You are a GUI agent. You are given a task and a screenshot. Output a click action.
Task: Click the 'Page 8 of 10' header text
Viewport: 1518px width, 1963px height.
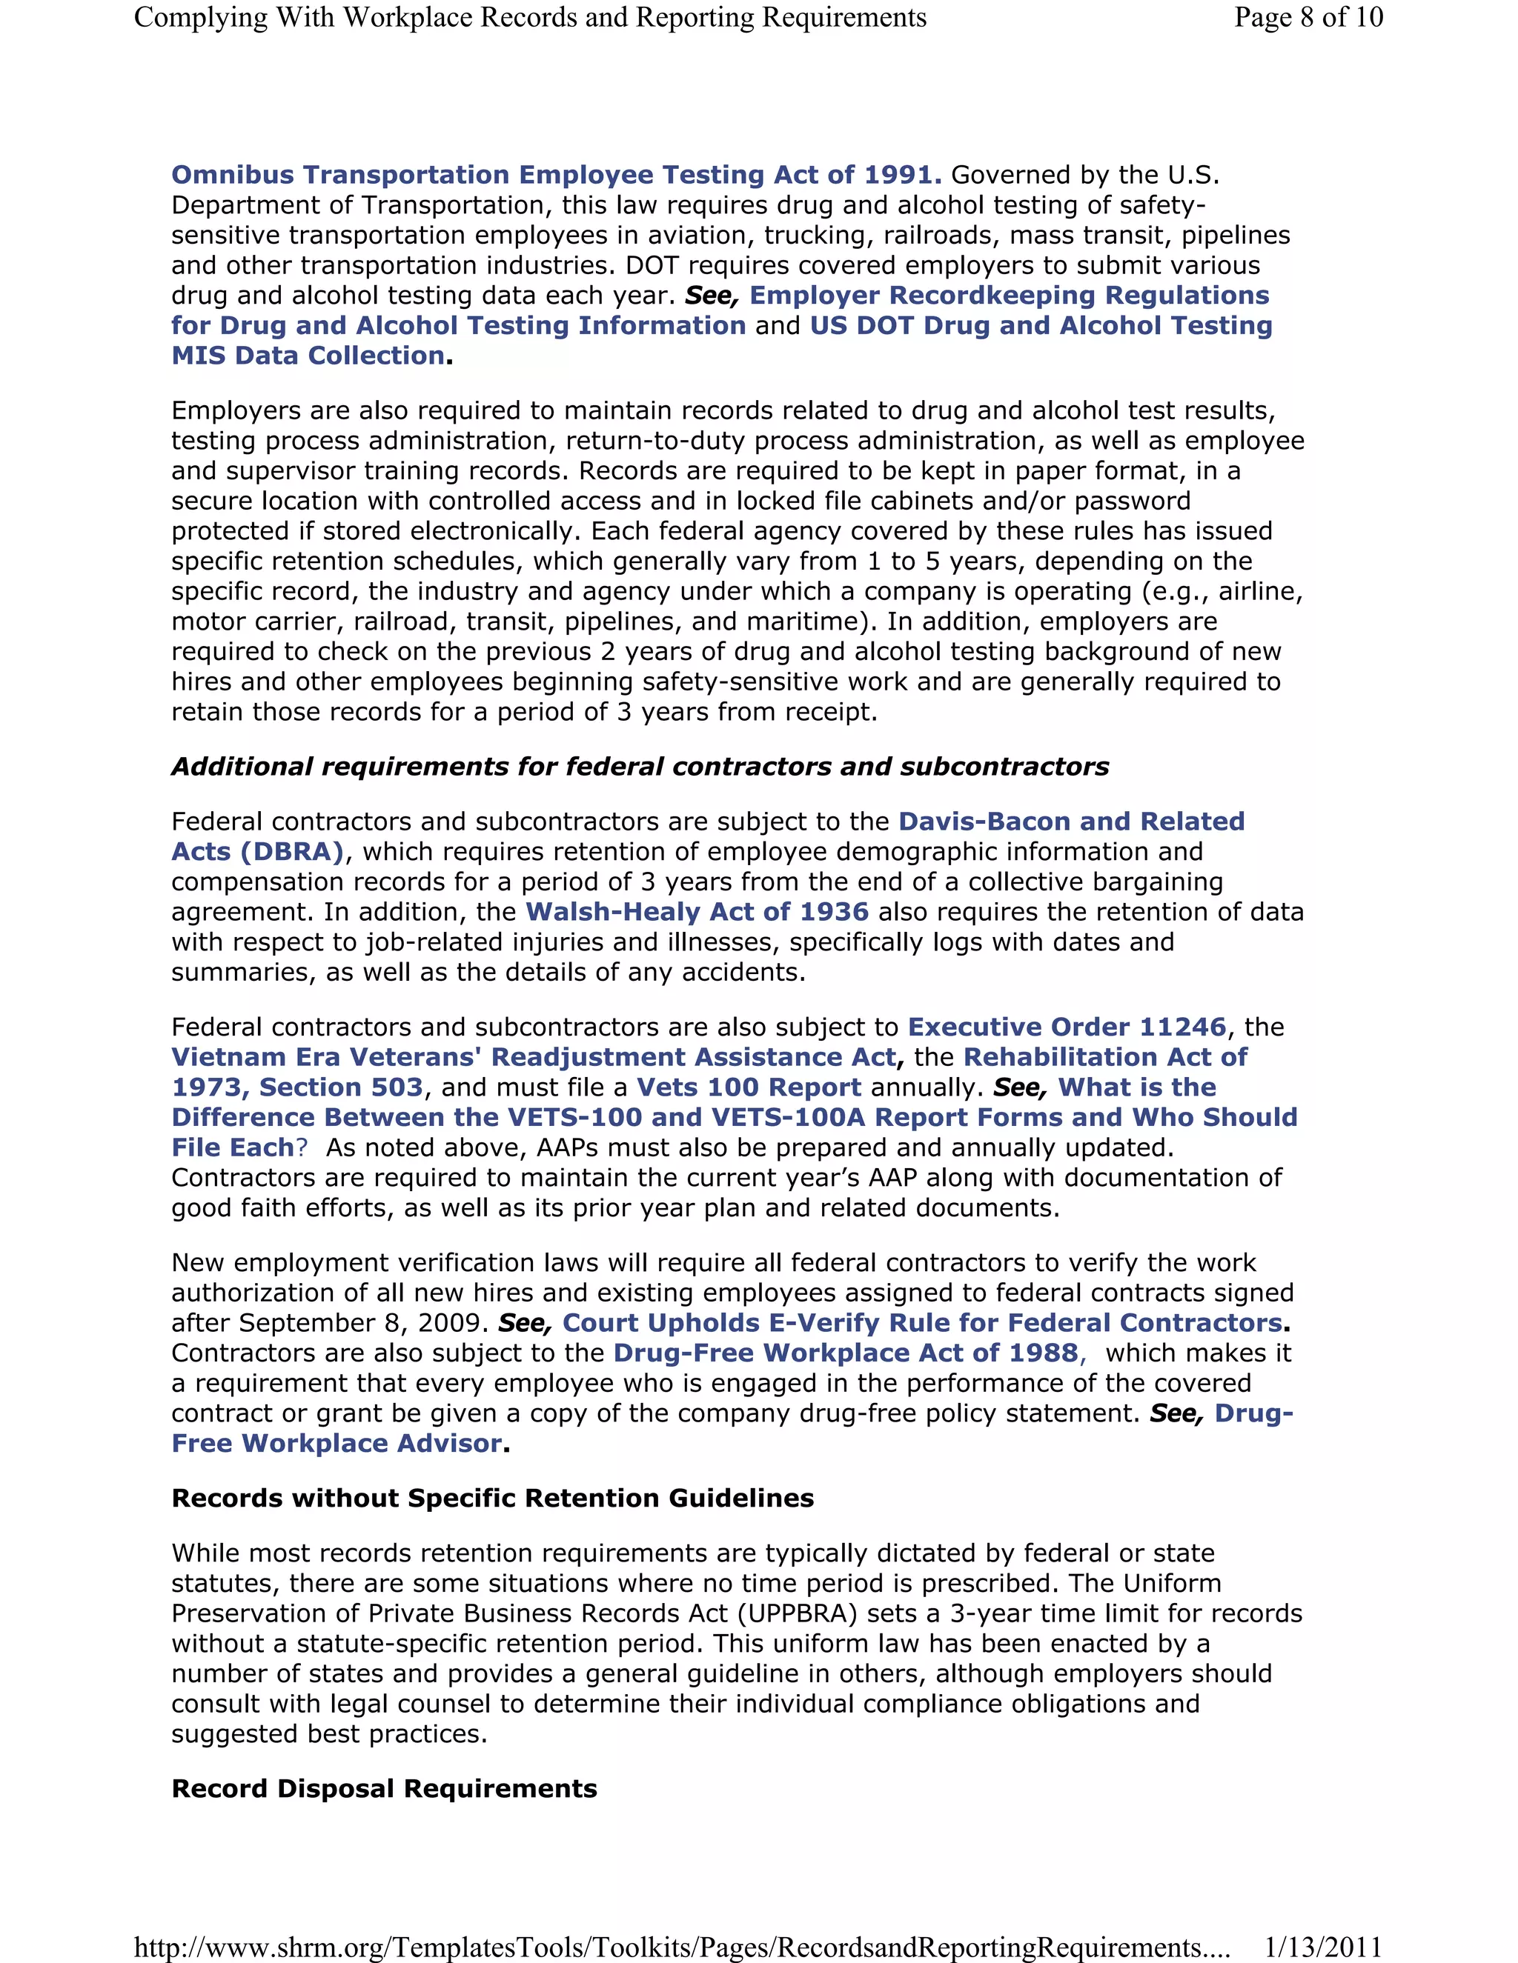(1307, 17)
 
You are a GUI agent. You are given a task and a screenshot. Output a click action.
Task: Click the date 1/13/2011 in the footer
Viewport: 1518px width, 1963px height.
(1322, 1947)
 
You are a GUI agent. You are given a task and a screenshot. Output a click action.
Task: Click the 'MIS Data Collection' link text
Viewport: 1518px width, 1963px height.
(308, 355)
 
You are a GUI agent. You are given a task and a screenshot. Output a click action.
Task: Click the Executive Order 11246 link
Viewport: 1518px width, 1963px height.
(1067, 1027)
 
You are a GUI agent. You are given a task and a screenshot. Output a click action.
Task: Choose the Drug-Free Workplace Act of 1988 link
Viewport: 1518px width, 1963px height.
(845, 1353)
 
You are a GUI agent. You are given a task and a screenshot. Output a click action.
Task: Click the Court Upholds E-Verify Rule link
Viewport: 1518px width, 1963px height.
(922, 1322)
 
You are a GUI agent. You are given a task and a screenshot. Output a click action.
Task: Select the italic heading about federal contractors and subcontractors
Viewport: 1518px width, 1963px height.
(640, 766)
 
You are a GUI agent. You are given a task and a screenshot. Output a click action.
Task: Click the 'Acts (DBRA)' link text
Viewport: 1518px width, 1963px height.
(258, 851)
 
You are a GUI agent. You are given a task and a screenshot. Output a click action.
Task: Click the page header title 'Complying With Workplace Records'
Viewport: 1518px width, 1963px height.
(530, 17)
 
